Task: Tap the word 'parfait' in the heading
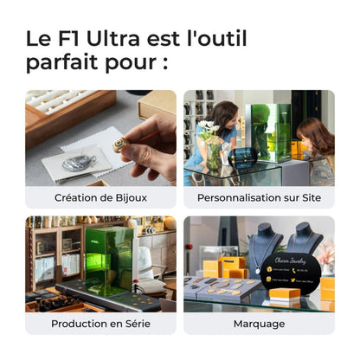click(x=68, y=63)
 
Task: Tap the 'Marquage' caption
click(x=259, y=323)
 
